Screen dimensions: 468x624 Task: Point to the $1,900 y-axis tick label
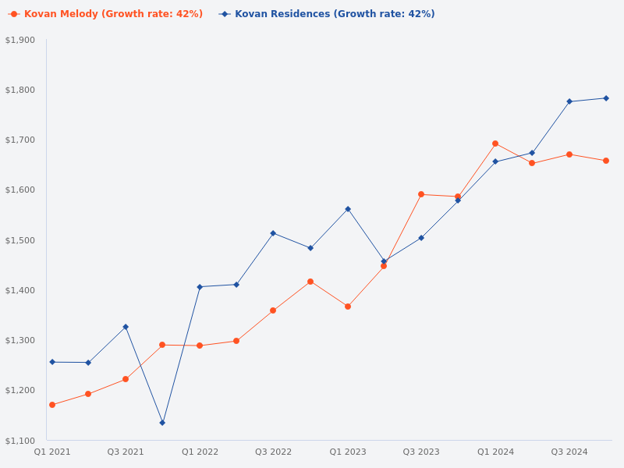tap(20, 40)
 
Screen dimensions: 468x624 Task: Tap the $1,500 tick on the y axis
tap(20, 240)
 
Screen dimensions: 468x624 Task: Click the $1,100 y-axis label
tap(20, 441)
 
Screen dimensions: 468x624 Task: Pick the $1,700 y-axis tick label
tap(20, 140)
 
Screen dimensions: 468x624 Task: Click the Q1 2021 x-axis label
tap(52, 452)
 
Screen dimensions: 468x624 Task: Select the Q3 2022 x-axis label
tap(273, 452)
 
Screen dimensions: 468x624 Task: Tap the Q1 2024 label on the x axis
tap(495, 452)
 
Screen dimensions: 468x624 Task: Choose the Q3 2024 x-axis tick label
tap(569, 452)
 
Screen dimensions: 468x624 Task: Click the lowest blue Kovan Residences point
tap(162, 423)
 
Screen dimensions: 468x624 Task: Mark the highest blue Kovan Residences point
tap(606, 98)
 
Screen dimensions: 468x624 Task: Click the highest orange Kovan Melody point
tap(495, 144)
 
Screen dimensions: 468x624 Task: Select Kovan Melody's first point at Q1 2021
tap(52, 405)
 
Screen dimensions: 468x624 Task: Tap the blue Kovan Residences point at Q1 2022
tap(200, 287)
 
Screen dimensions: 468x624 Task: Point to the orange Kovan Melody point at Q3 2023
tap(421, 194)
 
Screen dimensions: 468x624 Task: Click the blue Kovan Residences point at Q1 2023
tap(348, 209)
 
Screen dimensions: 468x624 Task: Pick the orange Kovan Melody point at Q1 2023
tap(348, 307)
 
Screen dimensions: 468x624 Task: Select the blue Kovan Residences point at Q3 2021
tap(126, 327)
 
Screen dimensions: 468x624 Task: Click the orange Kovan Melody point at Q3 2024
tap(569, 154)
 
